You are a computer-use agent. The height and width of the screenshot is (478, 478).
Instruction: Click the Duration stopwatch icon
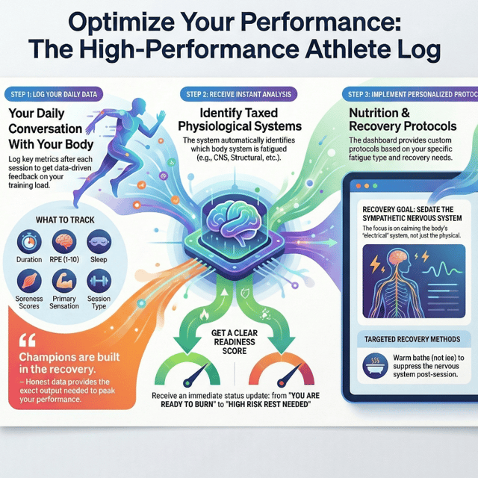point(29,242)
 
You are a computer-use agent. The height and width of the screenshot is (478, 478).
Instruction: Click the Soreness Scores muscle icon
point(29,281)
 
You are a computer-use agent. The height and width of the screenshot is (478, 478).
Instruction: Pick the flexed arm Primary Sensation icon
point(64,281)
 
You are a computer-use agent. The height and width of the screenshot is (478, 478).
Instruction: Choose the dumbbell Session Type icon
point(99,281)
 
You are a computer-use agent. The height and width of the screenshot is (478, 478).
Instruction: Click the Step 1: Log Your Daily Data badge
point(54,95)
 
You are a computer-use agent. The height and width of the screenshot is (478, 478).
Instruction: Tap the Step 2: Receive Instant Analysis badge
point(239,95)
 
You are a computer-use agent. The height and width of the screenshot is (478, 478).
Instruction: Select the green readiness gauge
point(187,370)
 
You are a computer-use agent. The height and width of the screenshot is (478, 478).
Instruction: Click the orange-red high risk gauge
point(282,370)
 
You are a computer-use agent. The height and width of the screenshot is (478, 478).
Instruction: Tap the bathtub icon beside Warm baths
point(375,366)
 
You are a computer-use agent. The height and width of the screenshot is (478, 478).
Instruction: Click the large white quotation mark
point(28,341)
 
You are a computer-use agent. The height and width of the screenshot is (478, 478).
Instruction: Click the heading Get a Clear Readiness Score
point(235,342)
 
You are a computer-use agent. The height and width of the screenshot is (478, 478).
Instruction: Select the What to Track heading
point(65,220)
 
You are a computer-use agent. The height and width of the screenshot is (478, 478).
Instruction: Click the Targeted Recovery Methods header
point(412,339)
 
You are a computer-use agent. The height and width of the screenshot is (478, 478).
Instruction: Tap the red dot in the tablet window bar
point(358,186)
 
